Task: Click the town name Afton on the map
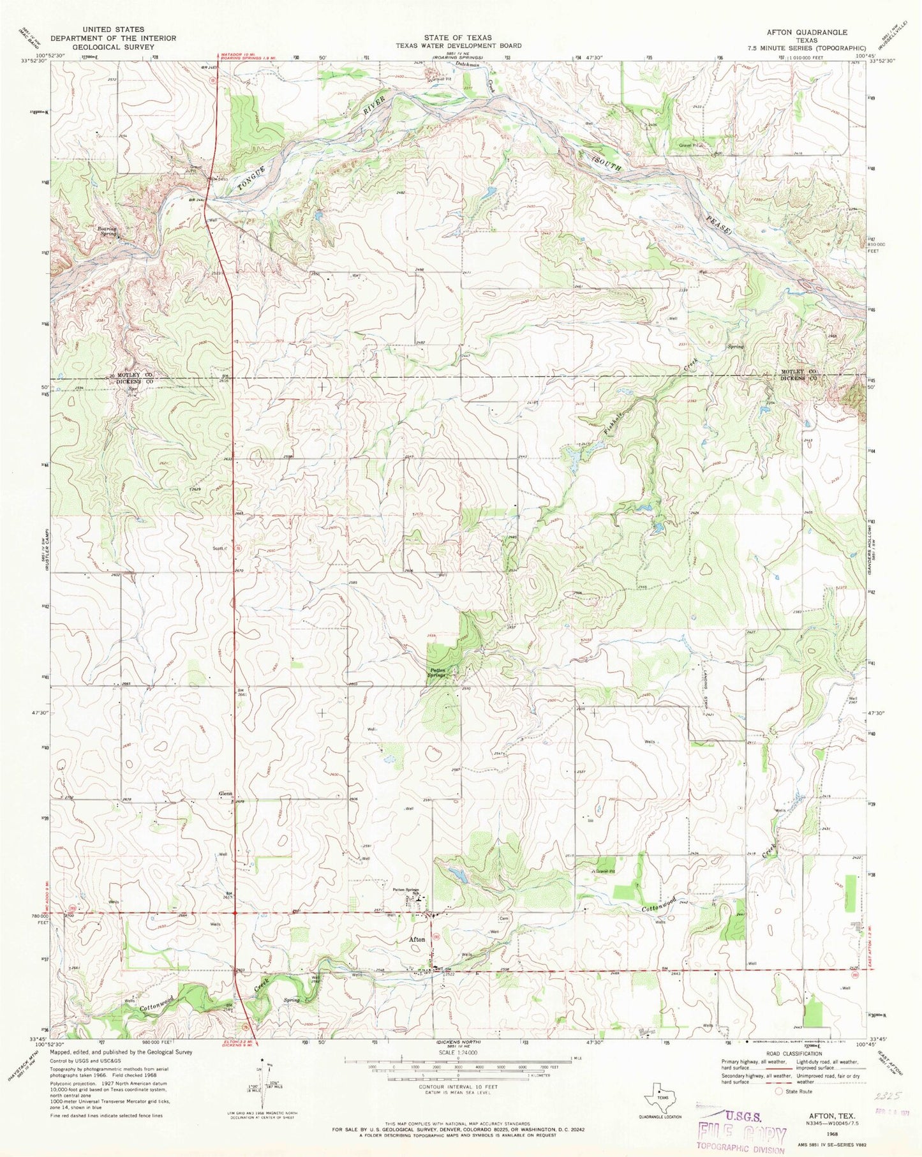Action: point(417,939)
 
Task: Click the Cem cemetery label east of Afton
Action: point(503,919)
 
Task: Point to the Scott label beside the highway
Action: point(218,548)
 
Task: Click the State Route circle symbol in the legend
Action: point(778,1091)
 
